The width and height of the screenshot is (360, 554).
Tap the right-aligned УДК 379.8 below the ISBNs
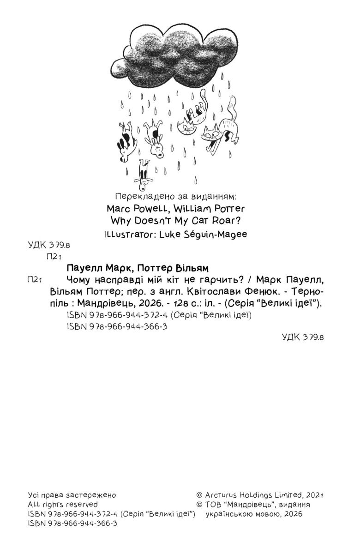pyautogui.click(x=303, y=337)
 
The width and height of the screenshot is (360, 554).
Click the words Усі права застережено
pyautogui.click(x=72, y=494)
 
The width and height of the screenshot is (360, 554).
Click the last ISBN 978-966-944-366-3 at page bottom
pyautogui.click(x=72, y=524)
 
